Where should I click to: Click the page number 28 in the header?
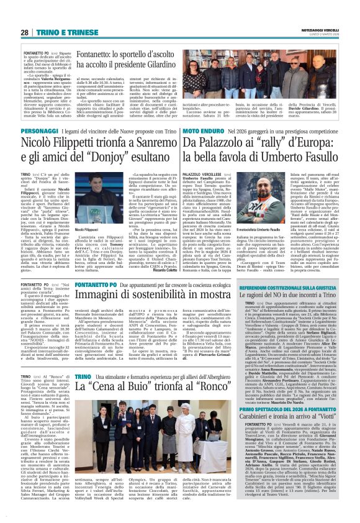[x=25, y=32]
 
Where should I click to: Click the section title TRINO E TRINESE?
[x=63, y=32]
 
